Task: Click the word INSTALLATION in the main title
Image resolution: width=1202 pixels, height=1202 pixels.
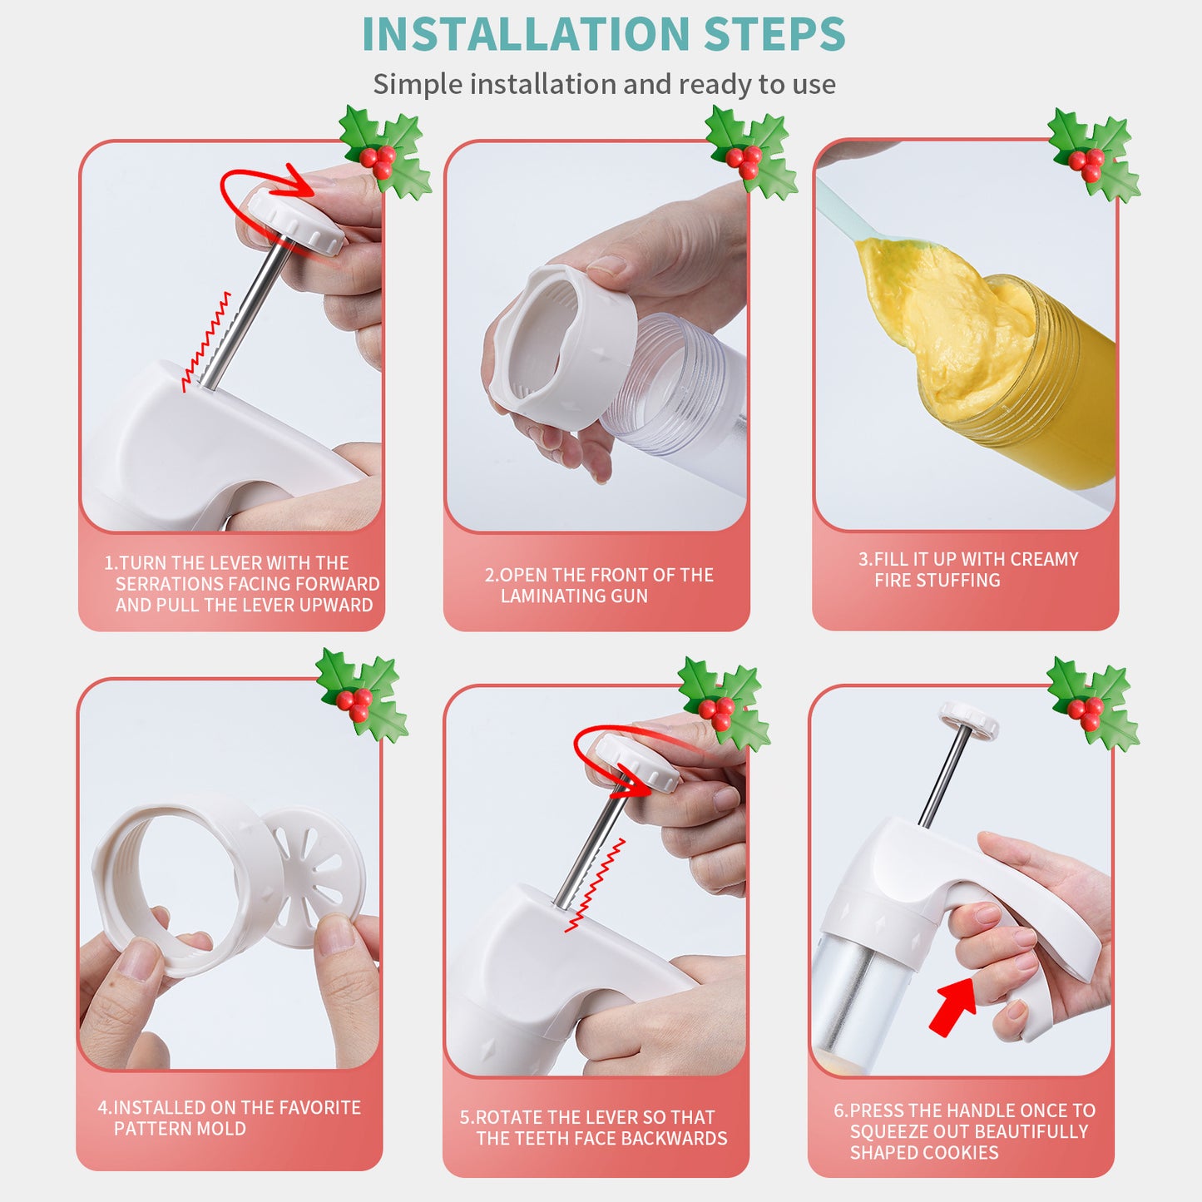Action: pyautogui.click(x=526, y=35)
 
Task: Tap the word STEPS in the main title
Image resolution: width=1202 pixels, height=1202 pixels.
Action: pyautogui.click(x=774, y=35)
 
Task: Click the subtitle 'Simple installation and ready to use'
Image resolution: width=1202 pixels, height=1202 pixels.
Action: pyautogui.click(x=604, y=84)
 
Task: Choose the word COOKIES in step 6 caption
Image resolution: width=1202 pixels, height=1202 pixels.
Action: pyautogui.click(x=965, y=1153)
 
